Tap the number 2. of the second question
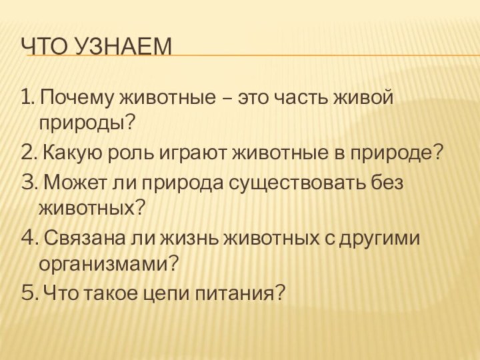(29, 154)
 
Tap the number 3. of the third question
(29, 183)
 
